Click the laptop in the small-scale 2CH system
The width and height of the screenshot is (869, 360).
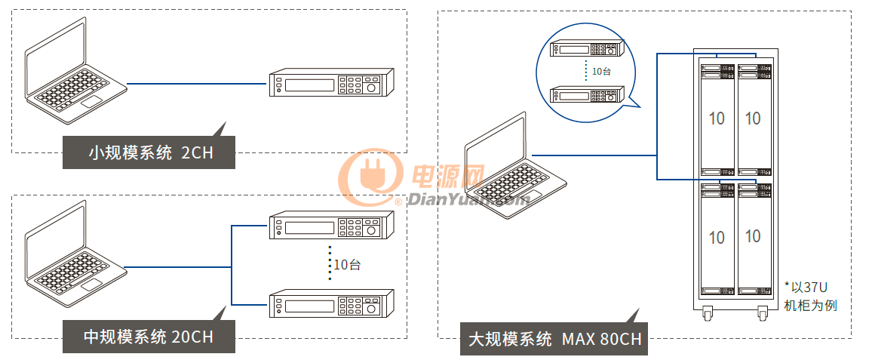pyautogui.click(x=76, y=70)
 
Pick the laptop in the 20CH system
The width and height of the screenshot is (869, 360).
pyautogui.click(x=76, y=254)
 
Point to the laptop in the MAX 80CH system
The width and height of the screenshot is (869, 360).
pyautogui.click(x=515, y=166)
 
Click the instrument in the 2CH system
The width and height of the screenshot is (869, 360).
pyautogui.click(x=331, y=83)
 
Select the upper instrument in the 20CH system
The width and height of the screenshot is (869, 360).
pyautogui.click(x=331, y=226)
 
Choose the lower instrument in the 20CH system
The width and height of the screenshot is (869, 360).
pyautogui.click(x=331, y=303)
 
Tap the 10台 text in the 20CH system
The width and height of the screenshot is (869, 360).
pyautogui.click(x=348, y=265)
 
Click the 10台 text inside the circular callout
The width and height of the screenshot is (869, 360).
pyautogui.click(x=601, y=72)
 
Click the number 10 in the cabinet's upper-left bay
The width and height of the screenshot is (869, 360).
pyautogui.click(x=717, y=118)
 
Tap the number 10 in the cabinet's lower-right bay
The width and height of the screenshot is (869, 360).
pyautogui.click(x=753, y=235)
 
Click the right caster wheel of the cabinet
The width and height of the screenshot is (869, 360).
pyautogui.click(x=763, y=315)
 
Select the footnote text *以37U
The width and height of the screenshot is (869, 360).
pyautogui.click(x=806, y=287)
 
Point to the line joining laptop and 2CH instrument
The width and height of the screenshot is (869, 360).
pyautogui.click(x=198, y=84)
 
